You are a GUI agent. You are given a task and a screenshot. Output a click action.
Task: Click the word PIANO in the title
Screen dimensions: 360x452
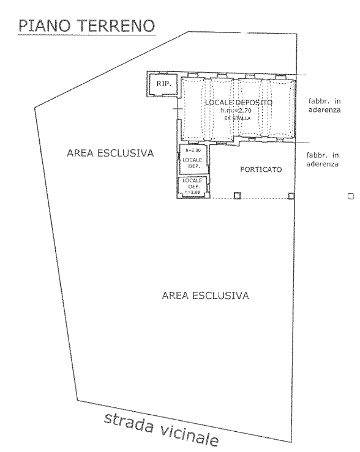click(x=45, y=26)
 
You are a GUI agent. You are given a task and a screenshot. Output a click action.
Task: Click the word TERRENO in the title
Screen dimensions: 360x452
click(x=117, y=26)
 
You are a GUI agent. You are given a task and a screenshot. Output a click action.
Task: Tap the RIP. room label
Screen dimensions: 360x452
click(x=164, y=84)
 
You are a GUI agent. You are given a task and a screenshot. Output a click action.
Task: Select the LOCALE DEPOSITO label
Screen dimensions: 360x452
click(x=239, y=103)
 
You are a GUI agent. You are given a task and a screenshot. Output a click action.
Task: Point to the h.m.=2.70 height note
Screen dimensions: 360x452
click(x=236, y=111)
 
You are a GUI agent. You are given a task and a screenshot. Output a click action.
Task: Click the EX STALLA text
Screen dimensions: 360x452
click(x=238, y=118)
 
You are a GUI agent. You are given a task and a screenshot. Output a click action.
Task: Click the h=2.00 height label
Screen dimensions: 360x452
click(x=193, y=150)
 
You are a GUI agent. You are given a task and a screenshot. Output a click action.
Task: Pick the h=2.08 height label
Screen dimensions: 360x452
click(x=192, y=192)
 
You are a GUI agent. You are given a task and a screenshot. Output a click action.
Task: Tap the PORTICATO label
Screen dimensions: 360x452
click(x=261, y=169)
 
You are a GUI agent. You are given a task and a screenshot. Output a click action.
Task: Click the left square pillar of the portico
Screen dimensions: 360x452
click(x=237, y=196)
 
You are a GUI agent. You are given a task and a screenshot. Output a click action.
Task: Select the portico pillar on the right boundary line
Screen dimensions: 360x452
click(x=291, y=196)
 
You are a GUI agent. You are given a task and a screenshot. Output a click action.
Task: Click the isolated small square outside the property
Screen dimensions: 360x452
click(x=351, y=196)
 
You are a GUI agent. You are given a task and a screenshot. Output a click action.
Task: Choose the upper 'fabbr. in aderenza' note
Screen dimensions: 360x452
click(x=324, y=105)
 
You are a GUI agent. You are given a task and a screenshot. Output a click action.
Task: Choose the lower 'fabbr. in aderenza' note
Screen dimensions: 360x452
click(x=323, y=160)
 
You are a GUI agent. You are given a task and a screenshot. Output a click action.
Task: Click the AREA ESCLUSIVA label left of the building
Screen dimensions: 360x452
click(x=110, y=153)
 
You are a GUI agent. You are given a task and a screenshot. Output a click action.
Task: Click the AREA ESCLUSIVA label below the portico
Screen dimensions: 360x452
click(x=205, y=296)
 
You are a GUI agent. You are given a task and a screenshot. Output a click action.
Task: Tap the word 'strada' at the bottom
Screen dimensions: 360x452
click(x=129, y=424)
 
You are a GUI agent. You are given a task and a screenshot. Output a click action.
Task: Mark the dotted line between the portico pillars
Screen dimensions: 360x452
click(x=264, y=198)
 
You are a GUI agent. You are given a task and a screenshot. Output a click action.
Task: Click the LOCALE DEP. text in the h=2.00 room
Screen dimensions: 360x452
click(x=192, y=163)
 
